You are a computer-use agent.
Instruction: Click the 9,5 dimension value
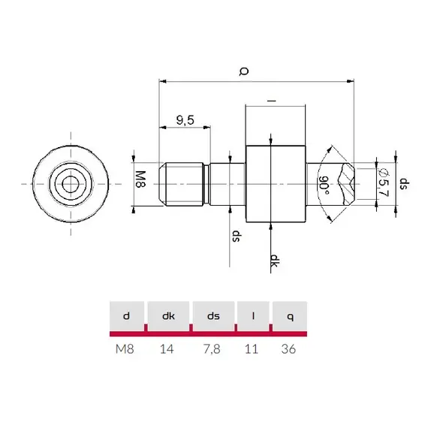click(x=185, y=119)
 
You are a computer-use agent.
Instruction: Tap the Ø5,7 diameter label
click(x=383, y=182)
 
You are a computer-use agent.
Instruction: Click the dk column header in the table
click(x=169, y=317)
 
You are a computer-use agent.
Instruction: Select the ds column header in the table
click(x=214, y=317)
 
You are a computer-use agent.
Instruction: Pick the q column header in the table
click(x=290, y=317)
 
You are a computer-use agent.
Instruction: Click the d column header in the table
click(x=126, y=317)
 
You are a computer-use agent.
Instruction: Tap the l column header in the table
click(x=254, y=317)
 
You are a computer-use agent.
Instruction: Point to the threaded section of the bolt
click(x=185, y=183)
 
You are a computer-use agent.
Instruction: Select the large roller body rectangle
click(x=276, y=183)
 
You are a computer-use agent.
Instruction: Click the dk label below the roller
click(x=276, y=261)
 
